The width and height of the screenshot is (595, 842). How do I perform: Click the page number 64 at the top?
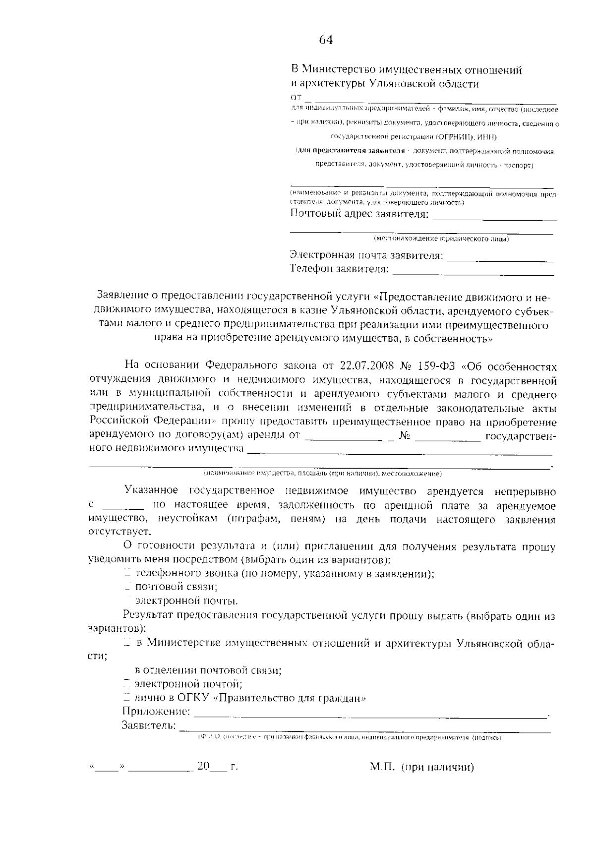tap(326, 40)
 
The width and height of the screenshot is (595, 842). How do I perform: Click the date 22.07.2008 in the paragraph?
tap(367, 366)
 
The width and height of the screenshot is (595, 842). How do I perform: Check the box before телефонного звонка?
tap(127, 574)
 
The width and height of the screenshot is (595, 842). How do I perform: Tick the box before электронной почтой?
tap(127, 685)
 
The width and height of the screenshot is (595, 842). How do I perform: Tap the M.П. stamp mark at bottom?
tap(382, 768)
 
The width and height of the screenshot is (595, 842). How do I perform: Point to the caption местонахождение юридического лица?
tap(441, 240)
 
